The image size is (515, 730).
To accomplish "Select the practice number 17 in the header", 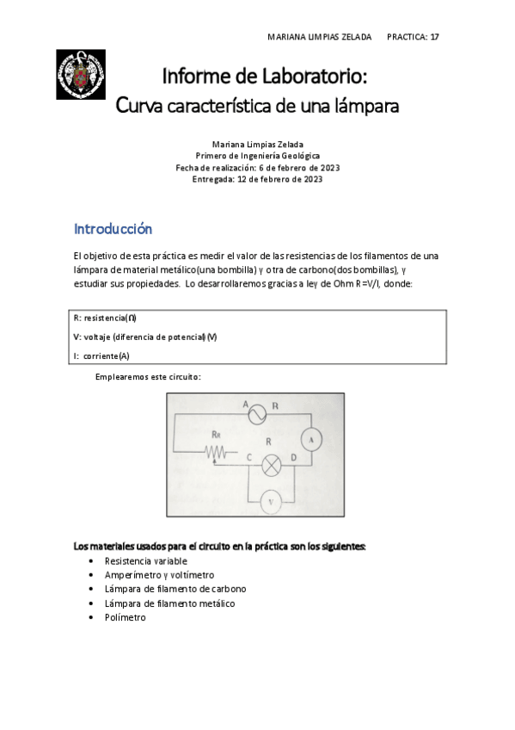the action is pyautogui.click(x=434, y=37).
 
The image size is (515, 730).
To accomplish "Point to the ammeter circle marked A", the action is pyautogui.click(x=315, y=439).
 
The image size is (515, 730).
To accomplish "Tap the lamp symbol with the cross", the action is pyautogui.click(x=272, y=466).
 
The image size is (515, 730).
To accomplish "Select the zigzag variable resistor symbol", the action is pyautogui.click(x=217, y=452).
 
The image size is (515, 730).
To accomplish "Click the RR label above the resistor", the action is pyautogui.click(x=217, y=435).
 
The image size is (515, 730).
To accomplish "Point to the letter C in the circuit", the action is pyautogui.click(x=248, y=457).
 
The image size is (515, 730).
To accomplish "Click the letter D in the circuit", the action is pyautogui.click(x=294, y=457).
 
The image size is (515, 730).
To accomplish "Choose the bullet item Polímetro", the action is pyautogui.click(x=126, y=616).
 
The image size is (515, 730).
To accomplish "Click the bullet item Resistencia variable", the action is pyautogui.click(x=145, y=560).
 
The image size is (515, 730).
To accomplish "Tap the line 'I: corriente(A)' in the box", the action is pyautogui.click(x=101, y=356).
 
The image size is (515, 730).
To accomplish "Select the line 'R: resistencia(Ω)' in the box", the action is pyautogui.click(x=105, y=317).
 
